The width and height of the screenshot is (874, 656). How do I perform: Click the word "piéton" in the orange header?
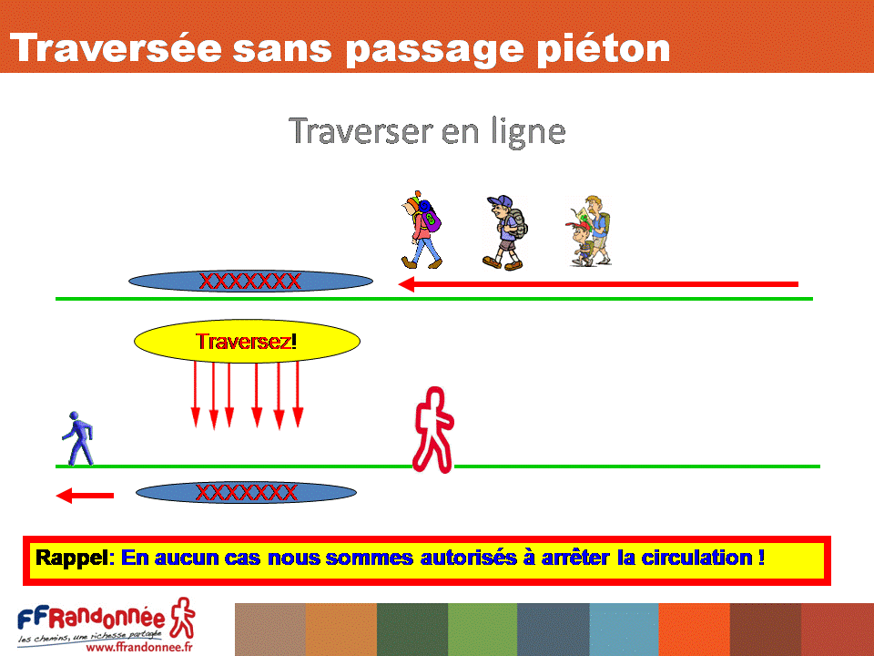603,49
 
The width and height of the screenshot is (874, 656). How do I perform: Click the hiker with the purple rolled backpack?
422,230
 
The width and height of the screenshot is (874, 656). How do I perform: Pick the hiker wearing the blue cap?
504,232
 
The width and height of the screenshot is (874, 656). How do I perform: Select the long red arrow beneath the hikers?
598,284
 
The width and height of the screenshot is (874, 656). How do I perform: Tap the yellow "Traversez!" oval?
247,341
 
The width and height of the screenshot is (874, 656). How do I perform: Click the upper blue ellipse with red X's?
251,282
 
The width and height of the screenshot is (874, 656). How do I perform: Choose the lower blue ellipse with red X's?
247,493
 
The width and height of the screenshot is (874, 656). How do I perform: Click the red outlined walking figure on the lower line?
433,430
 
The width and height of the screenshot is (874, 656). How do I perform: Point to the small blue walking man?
78,438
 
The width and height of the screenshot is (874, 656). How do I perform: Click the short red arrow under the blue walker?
85,496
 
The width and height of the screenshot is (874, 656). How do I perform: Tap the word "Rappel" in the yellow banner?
72,558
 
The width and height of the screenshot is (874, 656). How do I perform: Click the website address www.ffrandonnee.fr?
139,647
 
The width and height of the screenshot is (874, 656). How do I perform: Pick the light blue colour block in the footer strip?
624,630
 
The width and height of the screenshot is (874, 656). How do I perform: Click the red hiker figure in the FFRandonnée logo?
183,618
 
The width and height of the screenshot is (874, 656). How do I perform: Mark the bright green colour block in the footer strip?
483,630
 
